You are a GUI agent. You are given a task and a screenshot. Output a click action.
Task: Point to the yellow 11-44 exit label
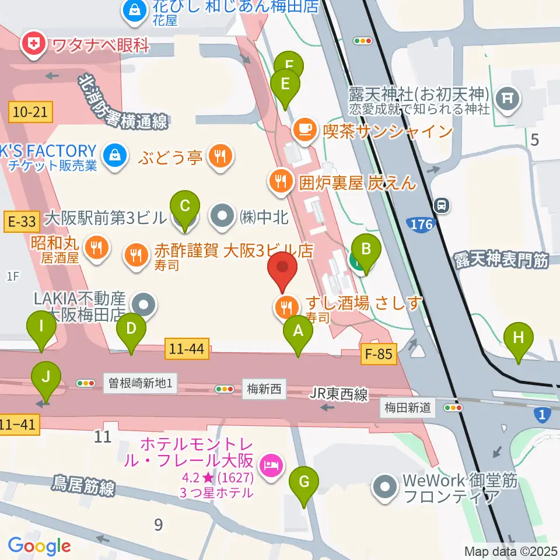[187, 349]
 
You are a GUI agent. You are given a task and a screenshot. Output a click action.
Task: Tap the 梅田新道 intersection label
[408, 407]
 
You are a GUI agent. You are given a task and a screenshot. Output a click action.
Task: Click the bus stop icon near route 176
[442, 205]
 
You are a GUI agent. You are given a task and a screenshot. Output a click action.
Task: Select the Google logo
[39, 546]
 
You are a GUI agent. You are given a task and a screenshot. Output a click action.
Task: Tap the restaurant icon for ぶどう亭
[220, 156]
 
